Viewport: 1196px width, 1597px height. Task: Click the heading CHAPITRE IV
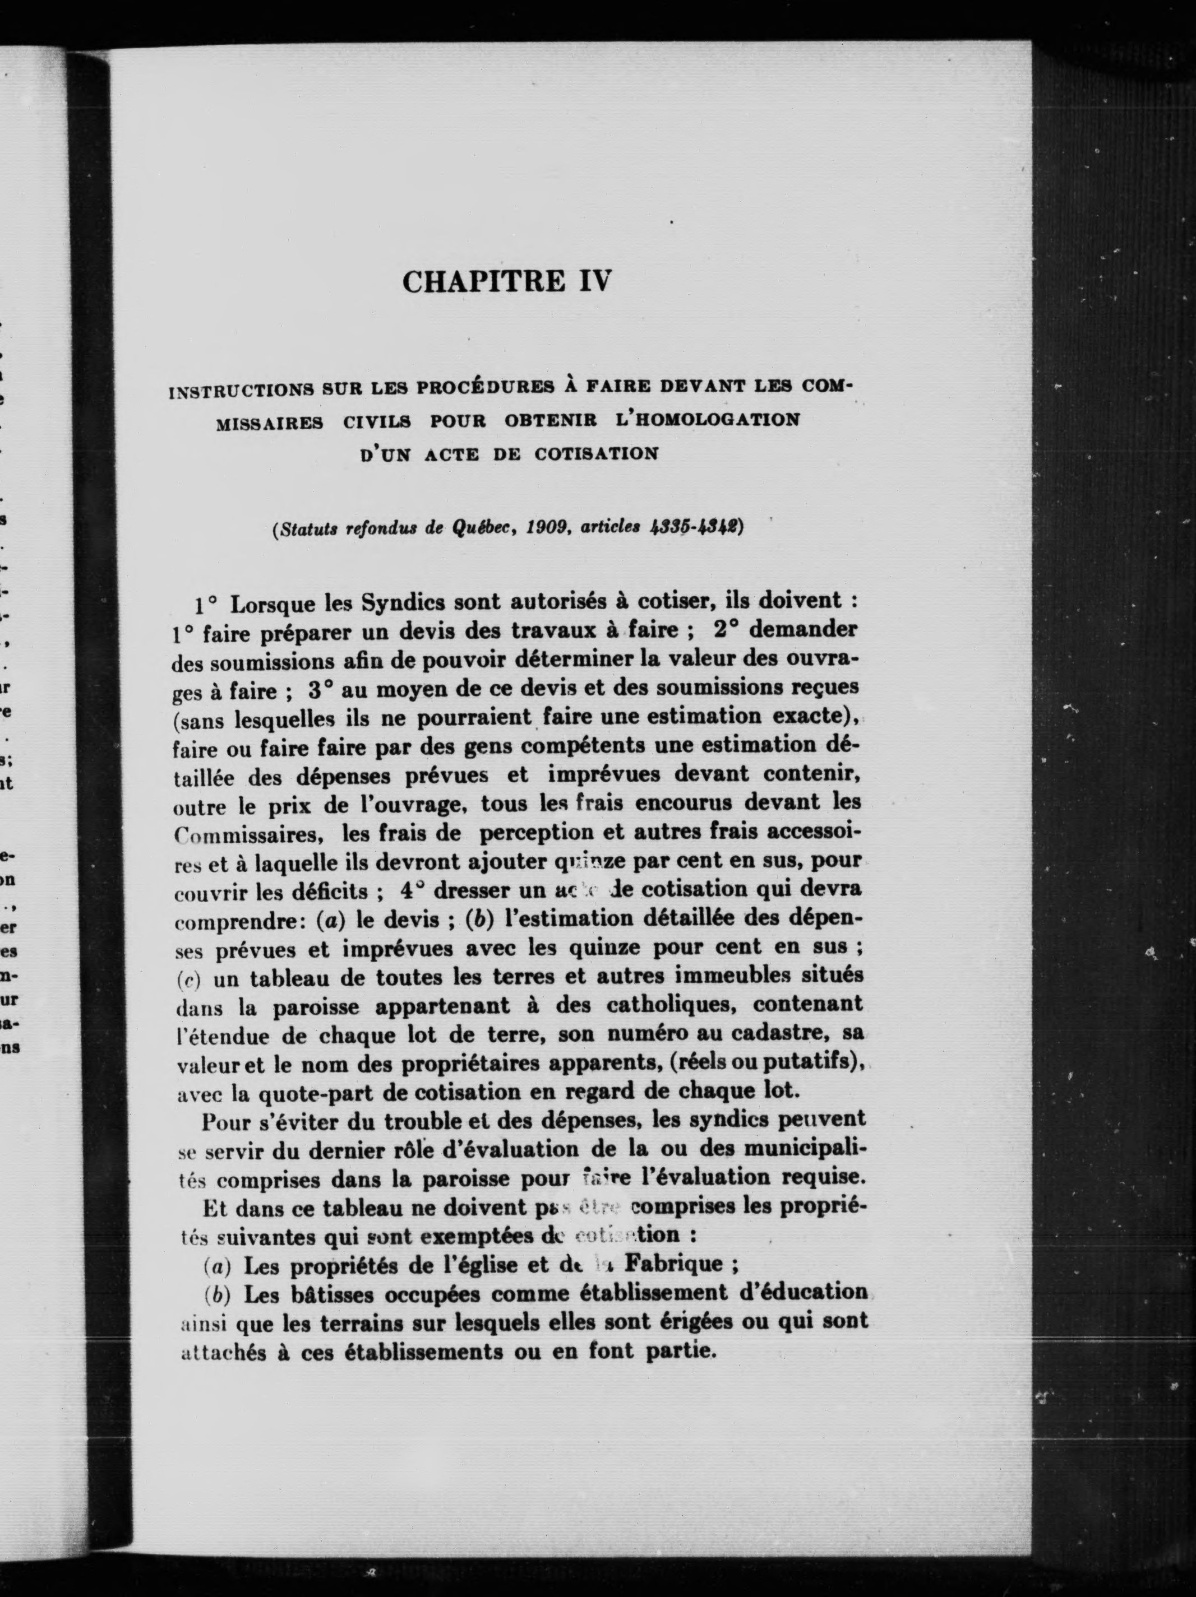click(506, 280)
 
